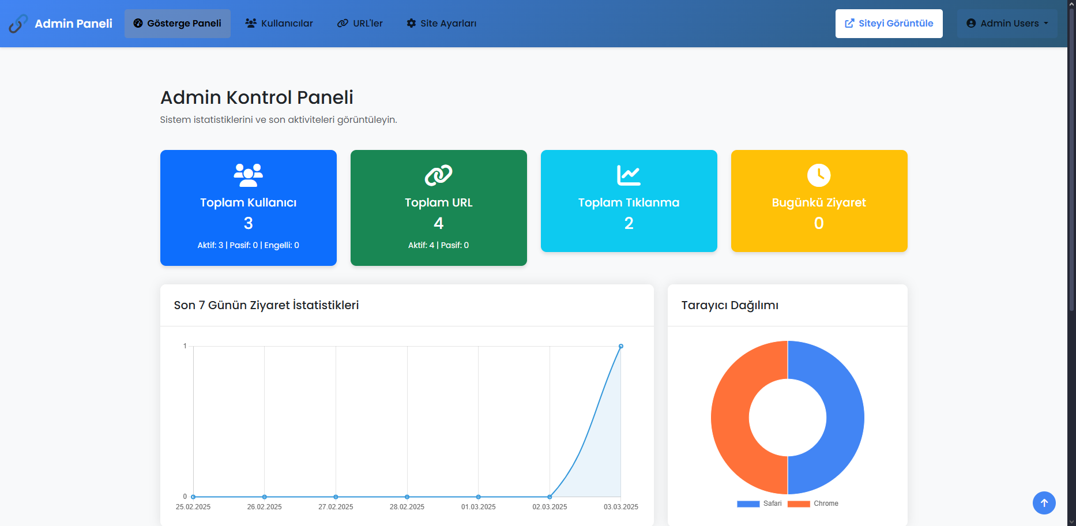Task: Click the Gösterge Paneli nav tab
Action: [x=178, y=24]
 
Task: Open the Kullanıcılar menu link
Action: [x=279, y=24]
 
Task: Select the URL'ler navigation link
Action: [x=360, y=24]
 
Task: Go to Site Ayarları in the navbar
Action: [x=442, y=24]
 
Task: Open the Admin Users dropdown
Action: [x=1007, y=24]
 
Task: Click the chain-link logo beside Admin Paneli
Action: [x=18, y=24]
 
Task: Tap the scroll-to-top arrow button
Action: [x=1044, y=503]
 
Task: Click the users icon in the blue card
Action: [x=249, y=175]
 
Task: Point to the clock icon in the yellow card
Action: [x=819, y=175]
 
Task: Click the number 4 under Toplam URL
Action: [x=439, y=223]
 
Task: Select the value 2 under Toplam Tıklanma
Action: [x=629, y=223]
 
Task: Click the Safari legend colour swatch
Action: [x=748, y=504]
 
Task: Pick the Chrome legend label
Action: [x=826, y=504]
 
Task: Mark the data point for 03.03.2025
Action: [x=621, y=346]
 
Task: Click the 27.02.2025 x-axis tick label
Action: [x=336, y=507]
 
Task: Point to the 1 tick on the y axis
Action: [x=185, y=346]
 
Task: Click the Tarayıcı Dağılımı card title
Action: [x=730, y=305]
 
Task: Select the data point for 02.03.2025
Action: [x=550, y=497]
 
